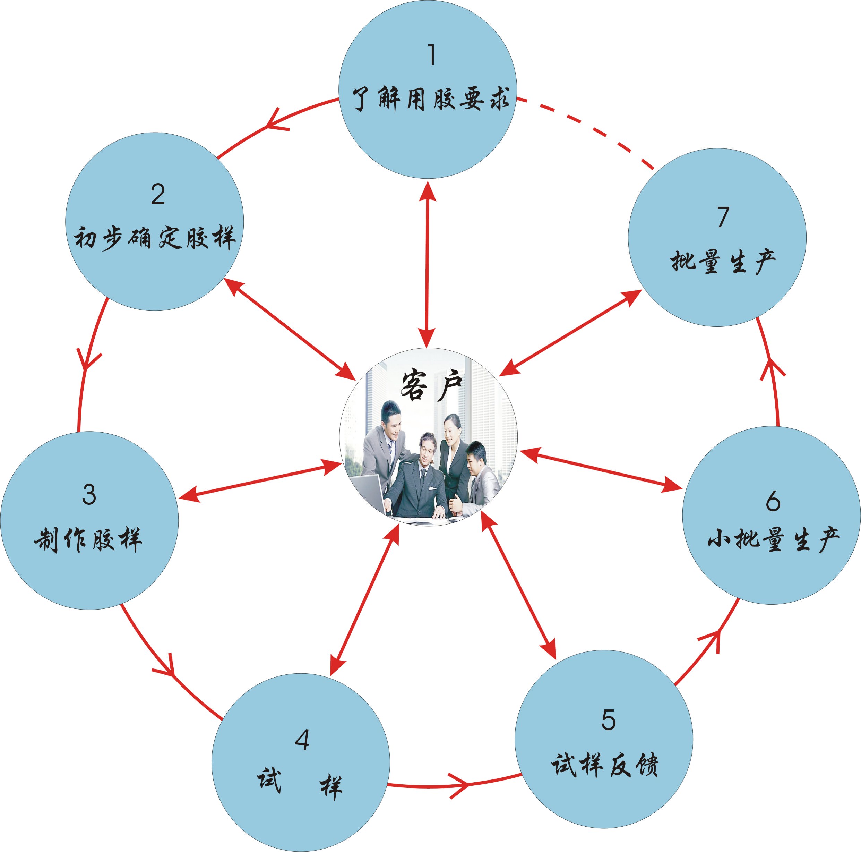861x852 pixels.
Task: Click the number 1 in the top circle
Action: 431,55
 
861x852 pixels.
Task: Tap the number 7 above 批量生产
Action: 723,217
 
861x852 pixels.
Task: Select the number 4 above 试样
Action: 302,740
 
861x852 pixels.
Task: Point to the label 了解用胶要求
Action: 431,99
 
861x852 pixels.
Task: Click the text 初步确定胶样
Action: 154,238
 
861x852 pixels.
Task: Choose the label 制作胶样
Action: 88,539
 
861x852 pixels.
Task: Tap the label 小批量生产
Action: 773,539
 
